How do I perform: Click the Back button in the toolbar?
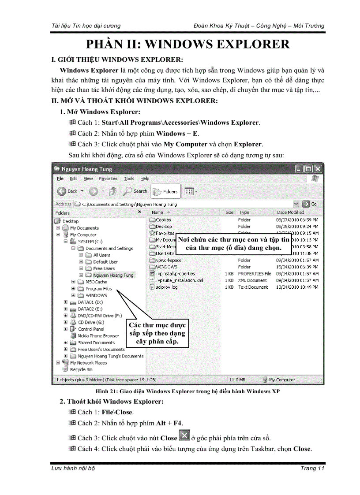pyautogui.click(x=67, y=191)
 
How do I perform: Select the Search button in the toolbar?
pyautogui.click(x=135, y=191)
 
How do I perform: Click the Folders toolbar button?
pyautogui.click(x=165, y=191)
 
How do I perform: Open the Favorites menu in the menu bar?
pyautogui.click(x=108, y=179)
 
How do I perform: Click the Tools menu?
pyautogui.click(x=129, y=179)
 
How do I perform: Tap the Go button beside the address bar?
pyautogui.click(x=310, y=204)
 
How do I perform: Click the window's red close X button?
pyautogui.click(x=318, y=169)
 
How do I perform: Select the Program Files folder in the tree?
pyautogui.click(x=98, y=289)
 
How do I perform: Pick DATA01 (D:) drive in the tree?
pyautogui.click(x=90, y=302)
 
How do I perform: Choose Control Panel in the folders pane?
pyautogui.click(x=91, y=329)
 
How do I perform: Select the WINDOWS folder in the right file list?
pyautogui.click(x=166, y=267)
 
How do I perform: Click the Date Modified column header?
pyautogui.click(x=290, y=212)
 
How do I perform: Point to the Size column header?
pyautogui.click(x=229, y=212)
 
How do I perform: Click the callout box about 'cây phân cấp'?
pyautogui.click(x=157, y=333)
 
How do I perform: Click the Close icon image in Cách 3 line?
pyautogui.click(x=184, y=436)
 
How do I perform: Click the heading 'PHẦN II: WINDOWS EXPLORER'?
pyautogui.click(x=187, y=45)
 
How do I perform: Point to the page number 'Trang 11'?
pyautogui.click(x=312, y=468)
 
